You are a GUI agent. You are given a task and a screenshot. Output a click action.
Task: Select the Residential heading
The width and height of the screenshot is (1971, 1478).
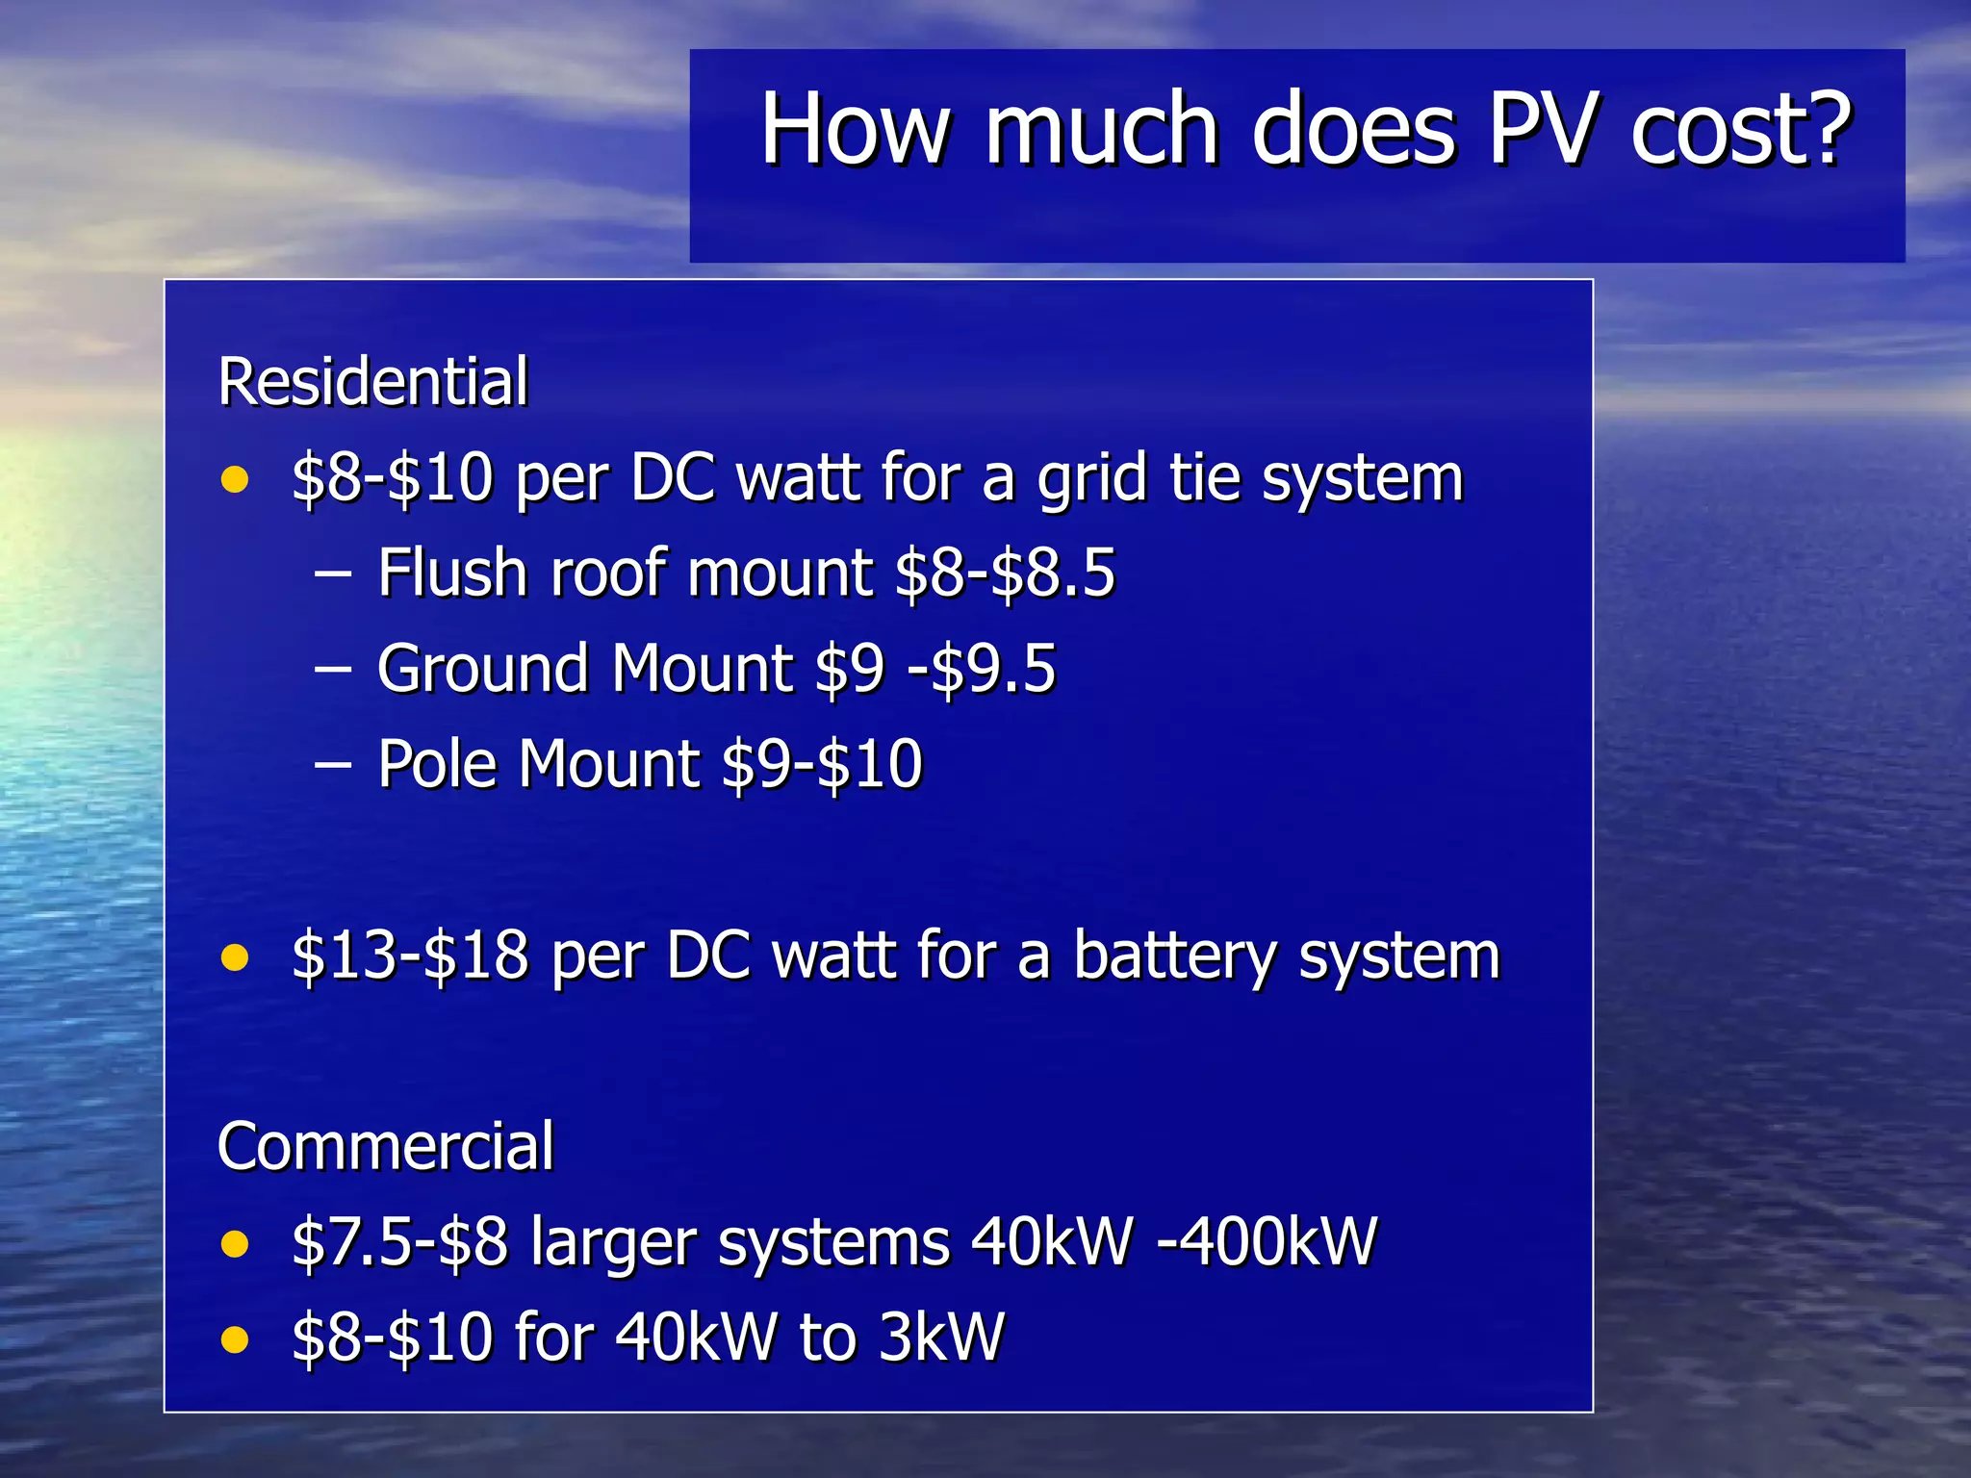pos(373,382)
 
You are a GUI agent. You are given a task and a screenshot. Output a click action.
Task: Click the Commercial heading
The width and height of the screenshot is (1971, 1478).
pos(386,1146)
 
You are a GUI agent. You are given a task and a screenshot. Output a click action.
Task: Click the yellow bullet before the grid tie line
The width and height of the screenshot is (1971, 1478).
pos(235,479)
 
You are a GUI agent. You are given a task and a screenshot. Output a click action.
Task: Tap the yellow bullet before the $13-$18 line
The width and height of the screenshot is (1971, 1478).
pos(235,957)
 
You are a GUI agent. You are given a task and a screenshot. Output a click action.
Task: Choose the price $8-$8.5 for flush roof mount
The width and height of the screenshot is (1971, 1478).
pos(1005,573)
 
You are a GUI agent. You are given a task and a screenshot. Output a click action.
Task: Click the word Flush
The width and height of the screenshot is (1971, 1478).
pos(452,573)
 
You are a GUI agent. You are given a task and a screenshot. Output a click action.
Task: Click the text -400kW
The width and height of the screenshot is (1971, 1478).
pos(1267,1241)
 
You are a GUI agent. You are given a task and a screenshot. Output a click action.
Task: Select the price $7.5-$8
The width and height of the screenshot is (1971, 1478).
pos(399,1241)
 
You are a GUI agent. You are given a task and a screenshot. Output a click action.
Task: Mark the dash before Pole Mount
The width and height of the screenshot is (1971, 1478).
pos(333,766)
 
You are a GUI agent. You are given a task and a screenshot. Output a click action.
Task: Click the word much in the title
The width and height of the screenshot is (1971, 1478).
pos(1102,129)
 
